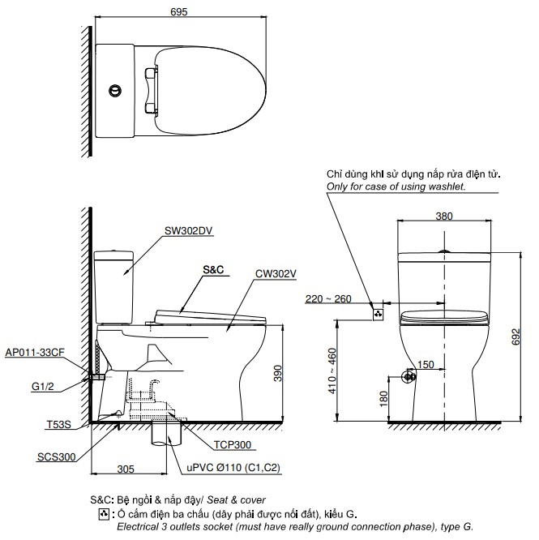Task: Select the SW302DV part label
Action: [188, 229]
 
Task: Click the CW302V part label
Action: [276, 273]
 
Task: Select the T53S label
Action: [58, 424]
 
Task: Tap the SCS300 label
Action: [56, 456]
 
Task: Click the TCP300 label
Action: [233, 445]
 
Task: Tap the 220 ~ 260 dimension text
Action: [328, 299]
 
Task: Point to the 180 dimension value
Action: [381, 399]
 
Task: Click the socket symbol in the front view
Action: [377, 312]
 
